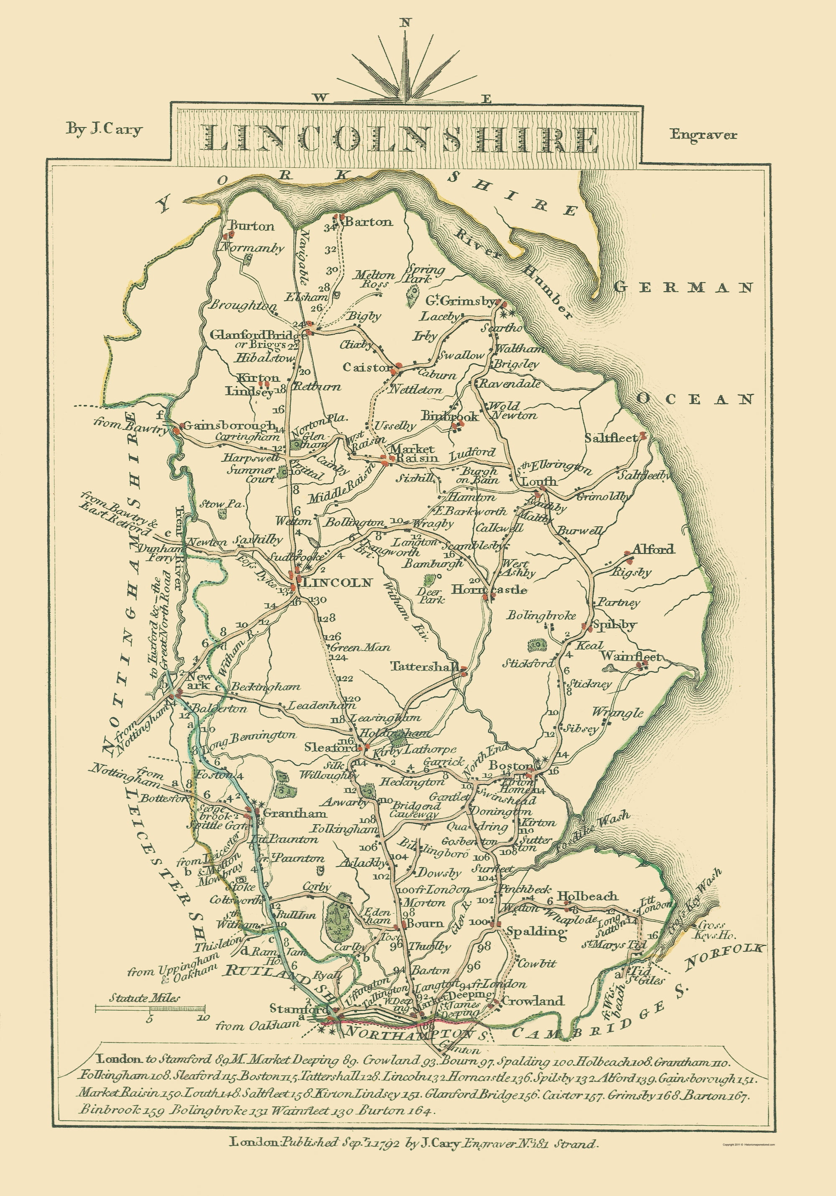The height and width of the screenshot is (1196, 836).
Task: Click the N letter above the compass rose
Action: (x=405, y=23)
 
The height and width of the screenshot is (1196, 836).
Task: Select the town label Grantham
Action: (x=295, y=813)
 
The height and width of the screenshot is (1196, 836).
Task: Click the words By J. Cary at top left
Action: (x=104, y=129)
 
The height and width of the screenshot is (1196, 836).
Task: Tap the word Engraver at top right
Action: (x=703, y=134)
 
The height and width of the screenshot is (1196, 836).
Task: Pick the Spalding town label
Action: (x=536, y=931)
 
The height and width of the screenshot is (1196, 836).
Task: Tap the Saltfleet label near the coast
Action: (x=611, y=438)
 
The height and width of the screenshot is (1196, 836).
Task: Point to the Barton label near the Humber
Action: (x=369, y=222)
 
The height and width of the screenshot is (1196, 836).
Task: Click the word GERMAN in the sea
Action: (x=683, y=287)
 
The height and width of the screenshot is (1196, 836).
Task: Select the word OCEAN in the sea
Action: (x=695, y=399)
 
